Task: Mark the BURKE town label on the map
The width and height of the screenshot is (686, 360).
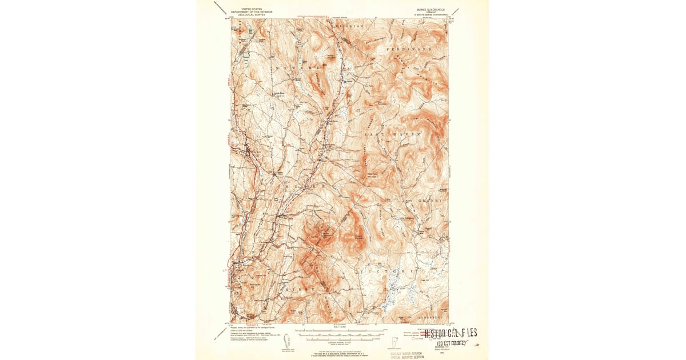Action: pos(305,187)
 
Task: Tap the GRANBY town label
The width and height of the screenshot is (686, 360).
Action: pos(430,201)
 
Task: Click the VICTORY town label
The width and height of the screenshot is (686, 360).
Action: pos(386,269)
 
